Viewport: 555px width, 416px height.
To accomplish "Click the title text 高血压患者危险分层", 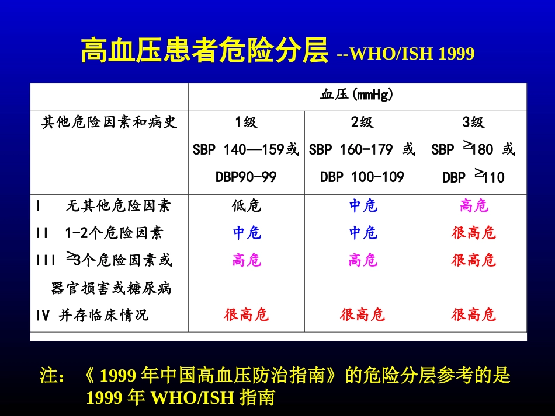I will click(204, 51).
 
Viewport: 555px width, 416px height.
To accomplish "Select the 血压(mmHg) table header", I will click(357, 95).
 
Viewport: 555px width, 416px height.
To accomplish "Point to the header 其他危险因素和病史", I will click(109, 123).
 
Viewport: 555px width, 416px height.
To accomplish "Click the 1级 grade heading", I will click(246, 123).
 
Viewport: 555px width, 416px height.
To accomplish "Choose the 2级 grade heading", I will click(362, 123).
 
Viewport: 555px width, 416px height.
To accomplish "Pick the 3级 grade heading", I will click(473, 123).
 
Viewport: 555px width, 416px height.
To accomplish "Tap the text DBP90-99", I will click(246, 177).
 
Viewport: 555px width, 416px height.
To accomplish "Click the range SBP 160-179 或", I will click(362, 150).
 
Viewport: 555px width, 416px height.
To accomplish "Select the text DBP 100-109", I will click(362, 177).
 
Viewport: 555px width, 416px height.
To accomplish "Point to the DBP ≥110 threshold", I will click(473, 177).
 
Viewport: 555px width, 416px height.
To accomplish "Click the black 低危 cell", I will click(246, 206).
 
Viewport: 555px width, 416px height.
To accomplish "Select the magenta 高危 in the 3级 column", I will click(473, 206).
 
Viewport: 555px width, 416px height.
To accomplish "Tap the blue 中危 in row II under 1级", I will click(246, 233).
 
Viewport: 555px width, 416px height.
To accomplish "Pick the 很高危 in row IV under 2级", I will click(362, 315).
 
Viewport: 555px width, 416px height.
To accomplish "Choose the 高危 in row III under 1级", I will click(246, 260).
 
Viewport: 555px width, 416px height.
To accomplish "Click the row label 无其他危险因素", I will click(118, 206).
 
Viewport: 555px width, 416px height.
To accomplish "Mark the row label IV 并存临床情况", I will click(92, 315).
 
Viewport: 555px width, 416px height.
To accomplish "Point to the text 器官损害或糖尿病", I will click(111, 288).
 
